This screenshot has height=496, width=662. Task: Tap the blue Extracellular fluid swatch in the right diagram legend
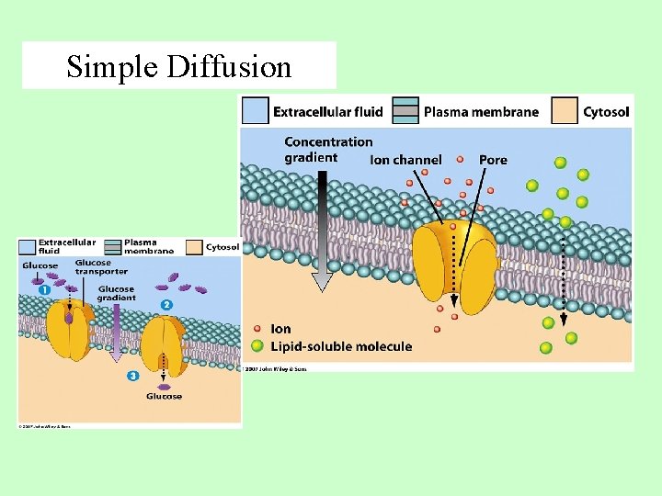coord(255,111)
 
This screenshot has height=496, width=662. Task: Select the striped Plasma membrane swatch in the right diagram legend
coord(405,111)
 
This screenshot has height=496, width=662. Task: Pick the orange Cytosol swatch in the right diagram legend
coord(565,111)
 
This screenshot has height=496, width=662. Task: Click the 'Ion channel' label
coord(405,160)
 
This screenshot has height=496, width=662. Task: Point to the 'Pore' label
coord(493,160)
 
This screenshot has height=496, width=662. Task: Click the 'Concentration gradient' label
coord(328,149)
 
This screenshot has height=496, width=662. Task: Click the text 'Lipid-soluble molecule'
coord(341,346)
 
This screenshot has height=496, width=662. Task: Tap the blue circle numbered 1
coord(45,289)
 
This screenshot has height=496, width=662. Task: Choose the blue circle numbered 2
coord(166,304)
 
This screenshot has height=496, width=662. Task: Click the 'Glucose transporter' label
coord(101,267)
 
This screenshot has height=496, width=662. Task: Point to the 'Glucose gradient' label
coord(116,294)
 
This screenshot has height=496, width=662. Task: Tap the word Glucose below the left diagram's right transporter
coord(165,397)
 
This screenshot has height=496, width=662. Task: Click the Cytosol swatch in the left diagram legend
coord(194,247)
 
